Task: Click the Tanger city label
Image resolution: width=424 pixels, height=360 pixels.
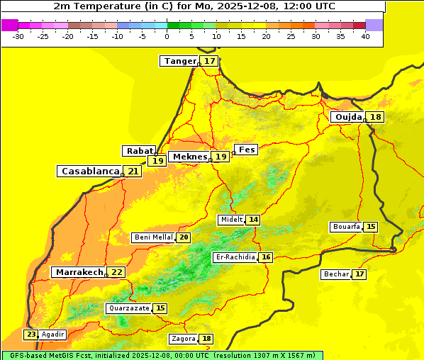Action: coord(179,61)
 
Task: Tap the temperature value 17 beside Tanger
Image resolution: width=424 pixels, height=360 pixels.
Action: coord(210,61)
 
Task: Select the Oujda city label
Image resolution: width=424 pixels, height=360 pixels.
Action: coord(347,117)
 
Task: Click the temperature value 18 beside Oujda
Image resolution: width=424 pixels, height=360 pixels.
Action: coord(375,117)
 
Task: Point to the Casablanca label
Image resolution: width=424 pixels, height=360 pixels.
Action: coord(89,171)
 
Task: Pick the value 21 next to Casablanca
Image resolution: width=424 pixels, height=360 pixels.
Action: coord(133,171)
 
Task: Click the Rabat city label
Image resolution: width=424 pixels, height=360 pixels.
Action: coord(139,151)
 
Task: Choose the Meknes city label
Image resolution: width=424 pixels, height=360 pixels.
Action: coord(189,156)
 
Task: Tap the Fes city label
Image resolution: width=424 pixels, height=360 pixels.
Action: coord(246,150)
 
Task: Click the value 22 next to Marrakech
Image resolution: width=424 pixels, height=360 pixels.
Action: coord(117,272)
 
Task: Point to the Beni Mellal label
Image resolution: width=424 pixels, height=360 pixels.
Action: coord(152,237)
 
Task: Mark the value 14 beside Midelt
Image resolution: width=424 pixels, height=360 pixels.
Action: coord(253,220)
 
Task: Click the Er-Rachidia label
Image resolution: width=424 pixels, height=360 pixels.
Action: coord(235,257)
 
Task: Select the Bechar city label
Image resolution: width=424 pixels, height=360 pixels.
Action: coord(336,274)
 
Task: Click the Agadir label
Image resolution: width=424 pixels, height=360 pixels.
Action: coord(52,334)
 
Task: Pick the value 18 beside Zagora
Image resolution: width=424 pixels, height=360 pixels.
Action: coord(206,339)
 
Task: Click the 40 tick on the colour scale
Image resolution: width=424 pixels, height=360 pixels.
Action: coord(365,35)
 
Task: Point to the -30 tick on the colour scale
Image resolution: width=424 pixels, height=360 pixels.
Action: coord(18,35)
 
